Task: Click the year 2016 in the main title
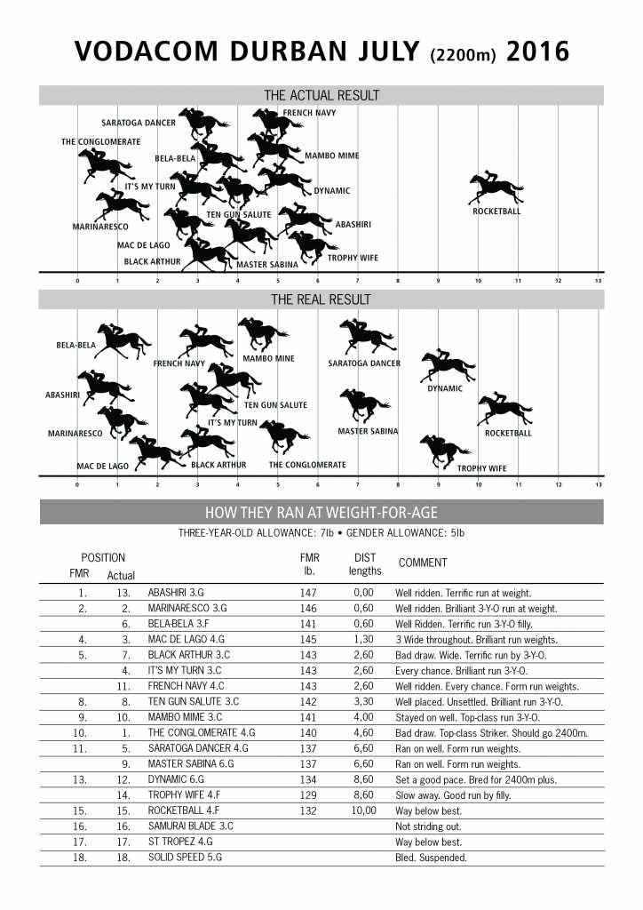pyautogui.click(x=537, y=52)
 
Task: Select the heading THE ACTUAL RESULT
pyautogui.click(x=321, y=95)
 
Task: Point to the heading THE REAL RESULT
pyautogui.click(x=321, y=299)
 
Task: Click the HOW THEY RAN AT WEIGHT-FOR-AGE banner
pyautogui.click(x=321, y=513)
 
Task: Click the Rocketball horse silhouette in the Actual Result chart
pyautogui.click(x=496, y=189)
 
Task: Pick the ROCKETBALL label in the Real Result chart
pyautogui.click(x=508, y=433)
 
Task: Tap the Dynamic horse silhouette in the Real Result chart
pyautogui.click(x=446, y=366)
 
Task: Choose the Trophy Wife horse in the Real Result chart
pyautogui.click(x=445, y=449)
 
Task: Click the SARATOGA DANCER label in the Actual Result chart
pyautogui.click(x=139, y=123)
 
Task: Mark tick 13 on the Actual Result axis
pyautogui.click(x=599, y=281)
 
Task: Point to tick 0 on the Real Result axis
pyautogui.click(x=77, y=485)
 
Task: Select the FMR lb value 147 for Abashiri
pyautogui.click(x=308, y=592)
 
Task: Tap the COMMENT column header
pyautogui.click(x=423, y=563)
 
